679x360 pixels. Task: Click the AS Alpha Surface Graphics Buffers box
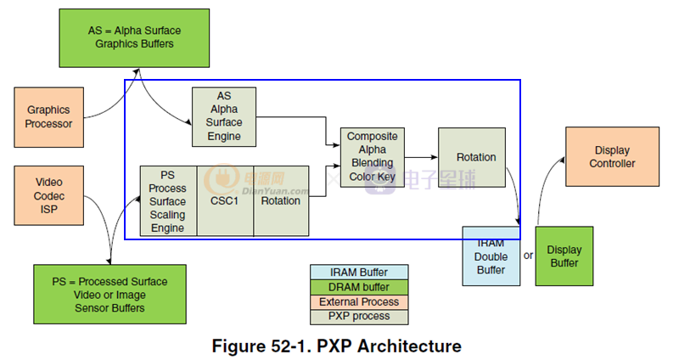click(134, 37)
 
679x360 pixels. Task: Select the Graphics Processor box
click(48, 117)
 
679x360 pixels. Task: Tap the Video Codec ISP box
click(48, 195)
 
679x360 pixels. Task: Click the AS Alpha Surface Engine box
click(224, 116)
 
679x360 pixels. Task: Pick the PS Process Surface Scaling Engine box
click(168, 200)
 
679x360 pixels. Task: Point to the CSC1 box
click(225, 201)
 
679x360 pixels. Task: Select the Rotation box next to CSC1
click(281, 201)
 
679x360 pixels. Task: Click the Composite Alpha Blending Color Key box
click(373, 157)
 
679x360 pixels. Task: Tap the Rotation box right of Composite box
click(476, 157)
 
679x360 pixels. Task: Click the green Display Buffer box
click(563, 256)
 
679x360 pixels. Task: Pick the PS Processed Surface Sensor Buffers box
click(109, 294)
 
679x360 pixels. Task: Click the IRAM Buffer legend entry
click(359, 273)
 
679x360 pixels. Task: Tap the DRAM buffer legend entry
click(359, 287)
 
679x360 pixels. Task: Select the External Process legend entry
click(359, 301)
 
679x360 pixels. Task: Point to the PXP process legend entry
click(359, 316)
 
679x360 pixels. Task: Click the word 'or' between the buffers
click(528, 255)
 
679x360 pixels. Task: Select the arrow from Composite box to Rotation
click(421, 157)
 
